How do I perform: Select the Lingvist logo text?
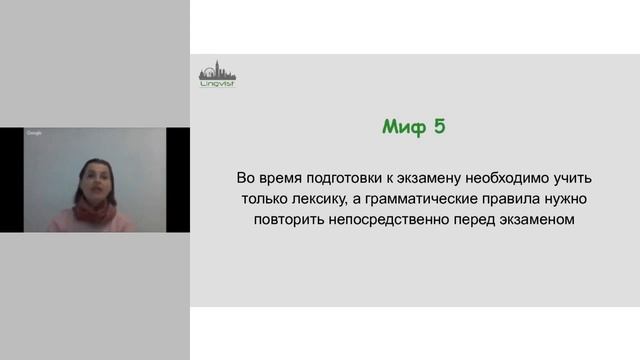(216, 85)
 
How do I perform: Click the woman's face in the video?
(93, 179)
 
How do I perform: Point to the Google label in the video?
(34, 133)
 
